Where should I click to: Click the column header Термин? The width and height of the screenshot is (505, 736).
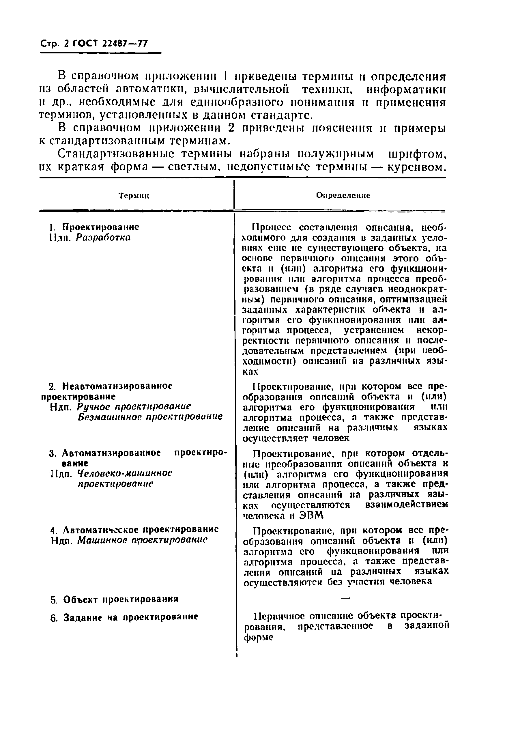134,196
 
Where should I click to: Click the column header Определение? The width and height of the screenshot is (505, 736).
343,195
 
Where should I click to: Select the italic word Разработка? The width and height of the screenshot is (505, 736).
103,238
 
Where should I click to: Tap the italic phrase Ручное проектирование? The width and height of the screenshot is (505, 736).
134,407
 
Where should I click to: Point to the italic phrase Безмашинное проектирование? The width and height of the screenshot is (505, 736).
150,417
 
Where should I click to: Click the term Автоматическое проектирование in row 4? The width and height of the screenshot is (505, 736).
141,530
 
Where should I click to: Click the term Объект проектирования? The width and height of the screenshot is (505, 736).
121,599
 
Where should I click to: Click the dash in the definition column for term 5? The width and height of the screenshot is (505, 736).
345,598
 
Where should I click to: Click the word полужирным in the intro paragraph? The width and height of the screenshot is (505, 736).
336,154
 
